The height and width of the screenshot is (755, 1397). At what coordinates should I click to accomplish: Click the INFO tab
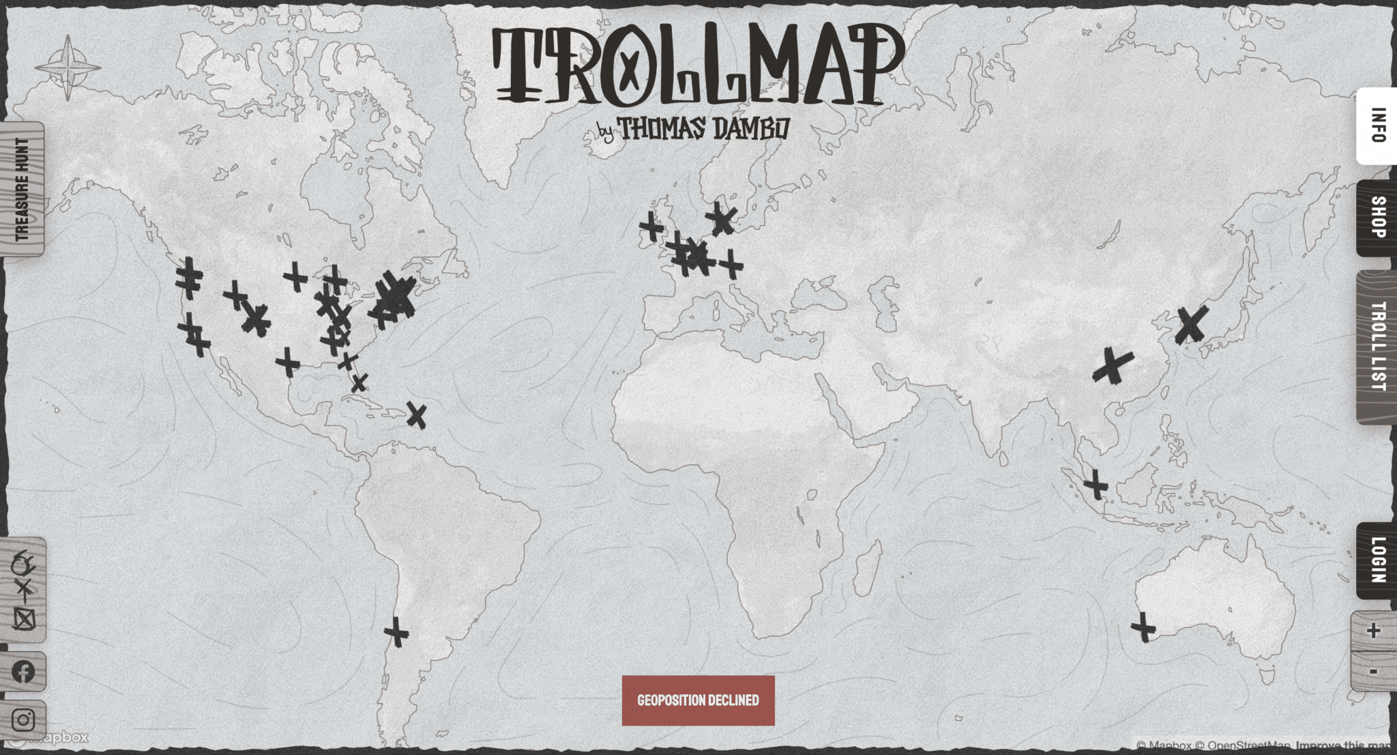(x=1377, y=126)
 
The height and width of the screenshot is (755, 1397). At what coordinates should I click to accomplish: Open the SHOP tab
(x=1377, y=218)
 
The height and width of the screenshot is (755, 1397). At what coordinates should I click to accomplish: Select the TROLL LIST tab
(x=1377, y=347)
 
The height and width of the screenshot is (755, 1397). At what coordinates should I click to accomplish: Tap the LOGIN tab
(x=1377, y=560)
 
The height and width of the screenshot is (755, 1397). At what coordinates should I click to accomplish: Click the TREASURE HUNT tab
(x=23, y=189)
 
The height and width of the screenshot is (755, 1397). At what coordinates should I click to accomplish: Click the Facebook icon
(x=23, y=672)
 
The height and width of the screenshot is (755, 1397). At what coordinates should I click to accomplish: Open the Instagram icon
(x=23, y=720)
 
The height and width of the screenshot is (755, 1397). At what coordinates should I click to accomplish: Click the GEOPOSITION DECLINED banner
(x=698, y=700)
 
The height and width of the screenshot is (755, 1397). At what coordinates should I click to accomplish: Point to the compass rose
(x=68, y=68)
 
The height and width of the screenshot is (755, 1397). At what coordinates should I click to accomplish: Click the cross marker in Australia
(x=1143, y=627)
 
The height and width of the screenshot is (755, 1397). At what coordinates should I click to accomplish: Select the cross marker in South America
(x=396, y=631)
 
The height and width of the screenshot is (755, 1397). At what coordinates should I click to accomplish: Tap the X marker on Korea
(x=1191, y=324)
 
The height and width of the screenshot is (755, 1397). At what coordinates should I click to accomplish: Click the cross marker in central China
(x=1113, y=367)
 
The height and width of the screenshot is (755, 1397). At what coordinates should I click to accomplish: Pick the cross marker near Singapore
(x=1095, y=485)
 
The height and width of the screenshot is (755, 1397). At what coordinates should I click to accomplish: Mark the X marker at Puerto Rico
(x=416, y=414)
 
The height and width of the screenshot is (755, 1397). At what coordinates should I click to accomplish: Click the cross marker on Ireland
(x=651, y=227)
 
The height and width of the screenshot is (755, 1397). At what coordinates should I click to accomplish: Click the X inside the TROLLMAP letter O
(x=630, y=68)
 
